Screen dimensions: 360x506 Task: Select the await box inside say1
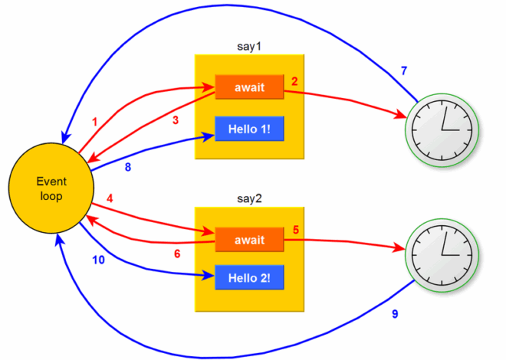pos(249,87)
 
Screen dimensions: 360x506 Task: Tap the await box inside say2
pos(249,240)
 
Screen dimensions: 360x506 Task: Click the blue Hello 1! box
pos(249,129)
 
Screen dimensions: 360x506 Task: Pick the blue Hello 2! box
pos(249,277)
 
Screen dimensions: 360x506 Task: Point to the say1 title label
pos(250,45)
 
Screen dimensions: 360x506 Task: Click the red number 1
pos(95,122)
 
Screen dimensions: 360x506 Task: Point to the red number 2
pos(294,81)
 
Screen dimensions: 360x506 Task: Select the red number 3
pos(175,119)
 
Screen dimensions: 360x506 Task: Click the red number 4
pos(110,198)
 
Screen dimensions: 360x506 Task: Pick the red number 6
pos(176,254)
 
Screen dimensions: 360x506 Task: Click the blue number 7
pos(403,71)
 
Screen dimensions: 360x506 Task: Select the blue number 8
pos(127,166)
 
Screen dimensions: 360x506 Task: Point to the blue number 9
pos(395,313)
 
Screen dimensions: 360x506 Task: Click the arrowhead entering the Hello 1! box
pos(209,136)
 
